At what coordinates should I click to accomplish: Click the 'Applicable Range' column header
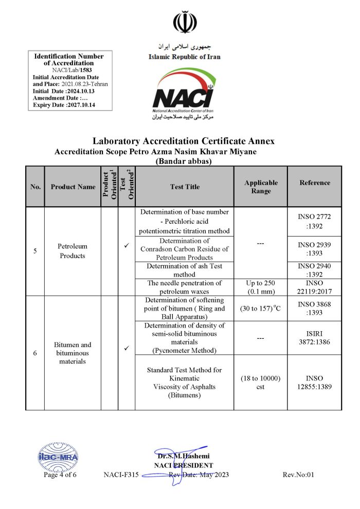[261, 187]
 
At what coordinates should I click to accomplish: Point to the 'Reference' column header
[315, 183]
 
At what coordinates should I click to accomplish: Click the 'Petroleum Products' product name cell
[73, 251]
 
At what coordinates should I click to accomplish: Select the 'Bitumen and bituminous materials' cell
[73, 353]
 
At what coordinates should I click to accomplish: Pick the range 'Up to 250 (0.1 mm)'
[261, 287]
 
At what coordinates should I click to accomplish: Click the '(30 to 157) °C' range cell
[261, 308]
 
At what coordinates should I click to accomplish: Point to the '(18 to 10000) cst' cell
[261, 383]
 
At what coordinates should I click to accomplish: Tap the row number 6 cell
[35, 353]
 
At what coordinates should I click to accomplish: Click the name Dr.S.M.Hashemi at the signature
[184, 456]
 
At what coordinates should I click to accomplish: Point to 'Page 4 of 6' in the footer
[60, 475]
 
